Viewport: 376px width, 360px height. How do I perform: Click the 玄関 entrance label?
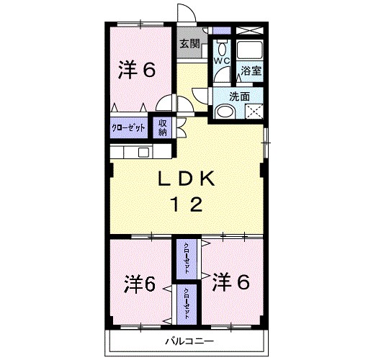[x=189, y=43]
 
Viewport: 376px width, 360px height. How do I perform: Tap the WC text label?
[x=220, y=61]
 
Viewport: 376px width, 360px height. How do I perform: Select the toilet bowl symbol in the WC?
[x=220, y=48]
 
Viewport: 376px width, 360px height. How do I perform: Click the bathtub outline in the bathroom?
[x=250, y=50]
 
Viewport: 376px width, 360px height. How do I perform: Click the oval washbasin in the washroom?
[x=224, y=111]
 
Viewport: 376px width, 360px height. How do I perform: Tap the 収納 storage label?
[x=164, y=127]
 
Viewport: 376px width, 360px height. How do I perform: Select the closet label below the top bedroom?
[x=129, y=127]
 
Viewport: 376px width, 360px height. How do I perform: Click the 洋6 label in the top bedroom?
[x=136, y=70]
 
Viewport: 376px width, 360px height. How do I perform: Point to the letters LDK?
[x=186, y=179]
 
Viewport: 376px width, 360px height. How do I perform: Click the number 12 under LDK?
[x=186, y=204]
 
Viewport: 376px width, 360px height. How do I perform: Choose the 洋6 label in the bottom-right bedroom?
[x=230, y=282]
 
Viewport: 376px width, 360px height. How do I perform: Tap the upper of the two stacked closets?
[x=187, y=258]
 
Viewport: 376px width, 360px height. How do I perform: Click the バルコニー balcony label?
[x=189, y=339]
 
